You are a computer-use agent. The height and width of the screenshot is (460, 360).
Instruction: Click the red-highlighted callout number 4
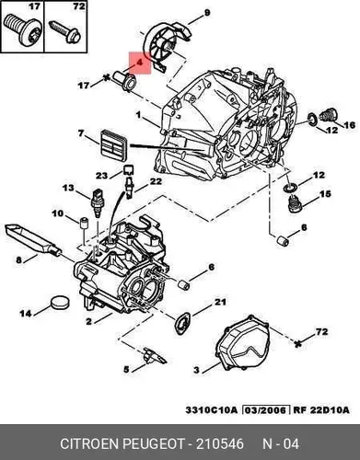point(139,63)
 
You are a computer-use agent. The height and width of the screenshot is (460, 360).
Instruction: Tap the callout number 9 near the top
point(207,13)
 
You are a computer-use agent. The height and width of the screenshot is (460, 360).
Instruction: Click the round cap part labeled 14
point(59,304)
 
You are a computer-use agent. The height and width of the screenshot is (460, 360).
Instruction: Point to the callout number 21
point(220,302)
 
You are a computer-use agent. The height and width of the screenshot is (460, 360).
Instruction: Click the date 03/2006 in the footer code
point(266,409)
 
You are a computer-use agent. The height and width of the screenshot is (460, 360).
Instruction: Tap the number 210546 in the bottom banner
point(220,443)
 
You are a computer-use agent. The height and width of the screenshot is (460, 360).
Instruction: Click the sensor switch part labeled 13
point(97,203)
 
